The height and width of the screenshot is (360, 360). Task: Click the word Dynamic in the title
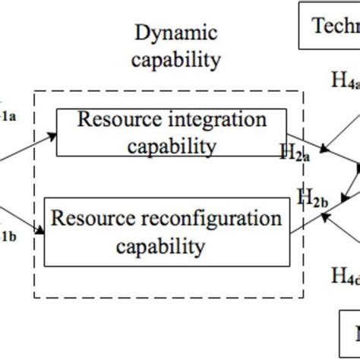[175, 33]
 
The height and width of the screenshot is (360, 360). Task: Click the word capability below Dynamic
[175, 58]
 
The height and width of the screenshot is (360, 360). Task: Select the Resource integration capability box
[172, 132]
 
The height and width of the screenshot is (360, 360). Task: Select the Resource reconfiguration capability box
[166, 232]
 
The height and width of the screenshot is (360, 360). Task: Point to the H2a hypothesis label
[294, 154]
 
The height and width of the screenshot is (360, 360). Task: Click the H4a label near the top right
[346, 81]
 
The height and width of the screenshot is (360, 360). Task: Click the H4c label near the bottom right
[346, 275]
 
